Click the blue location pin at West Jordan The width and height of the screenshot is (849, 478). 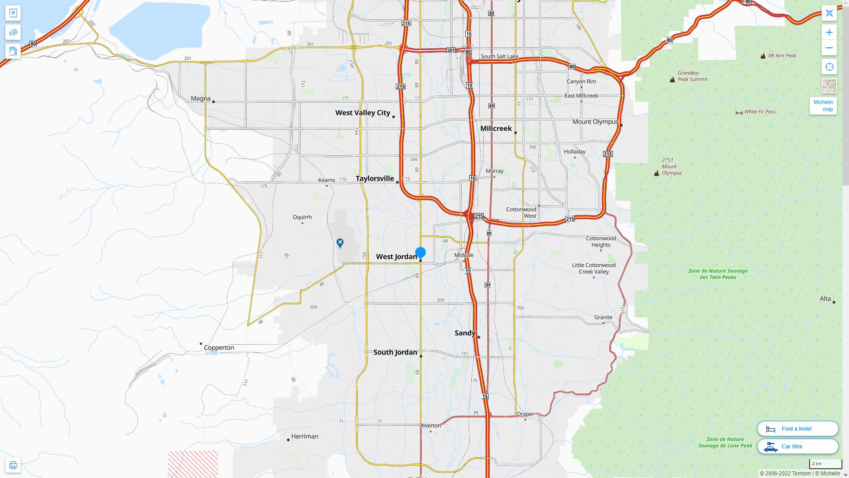point(421,253)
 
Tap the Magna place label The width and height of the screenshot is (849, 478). point(201,98)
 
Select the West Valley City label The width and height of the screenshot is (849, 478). point(363,113)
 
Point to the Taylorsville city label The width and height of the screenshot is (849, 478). point(375,178)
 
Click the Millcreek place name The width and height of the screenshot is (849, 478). point(496,128)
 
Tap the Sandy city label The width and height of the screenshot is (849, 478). point(465,333)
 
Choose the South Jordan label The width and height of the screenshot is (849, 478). point(395,352)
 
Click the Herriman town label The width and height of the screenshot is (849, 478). point(305,436)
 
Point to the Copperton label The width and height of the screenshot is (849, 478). point(219,348)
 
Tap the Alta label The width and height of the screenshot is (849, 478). point(825,299)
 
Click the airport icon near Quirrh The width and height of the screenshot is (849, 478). point(340,243)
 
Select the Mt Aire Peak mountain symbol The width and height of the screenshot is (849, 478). point(763,56)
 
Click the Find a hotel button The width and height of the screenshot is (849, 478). point(798,429)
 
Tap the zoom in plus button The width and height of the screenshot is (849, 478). point(829,32)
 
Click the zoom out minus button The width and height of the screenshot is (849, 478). point(829,48)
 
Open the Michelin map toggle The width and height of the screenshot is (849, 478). point(823,106)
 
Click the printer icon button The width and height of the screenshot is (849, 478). point(13,465)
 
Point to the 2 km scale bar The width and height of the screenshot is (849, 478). point(826,464)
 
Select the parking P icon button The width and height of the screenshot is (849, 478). point(13,13)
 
